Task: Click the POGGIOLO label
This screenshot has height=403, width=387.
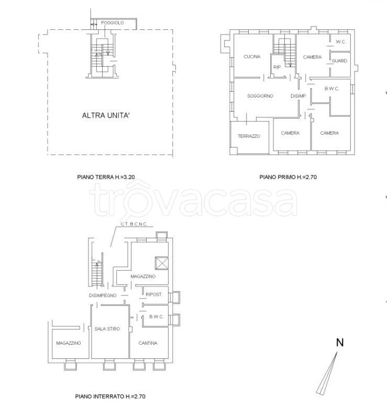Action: [113, 23]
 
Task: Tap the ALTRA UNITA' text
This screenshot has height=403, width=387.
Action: [106, 115]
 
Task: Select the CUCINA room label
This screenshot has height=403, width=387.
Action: [252, 57]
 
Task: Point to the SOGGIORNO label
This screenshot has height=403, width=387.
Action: [260, 96]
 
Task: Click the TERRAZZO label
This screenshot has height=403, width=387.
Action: [249, 136]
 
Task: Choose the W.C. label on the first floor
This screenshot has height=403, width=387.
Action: [340, 41]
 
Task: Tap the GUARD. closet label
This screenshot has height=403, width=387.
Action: [339, 61]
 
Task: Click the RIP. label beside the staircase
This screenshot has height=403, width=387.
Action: [277, 67]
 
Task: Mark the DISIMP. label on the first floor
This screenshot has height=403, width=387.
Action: [298, 96]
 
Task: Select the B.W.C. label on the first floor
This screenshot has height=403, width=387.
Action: [332, 89]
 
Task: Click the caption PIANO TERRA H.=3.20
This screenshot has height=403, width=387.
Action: [106, 177]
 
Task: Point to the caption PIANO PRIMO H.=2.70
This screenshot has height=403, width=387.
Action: [288, 177]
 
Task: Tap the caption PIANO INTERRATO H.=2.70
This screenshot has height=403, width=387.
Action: [110, 397]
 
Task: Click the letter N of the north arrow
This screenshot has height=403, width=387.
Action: [340, 343]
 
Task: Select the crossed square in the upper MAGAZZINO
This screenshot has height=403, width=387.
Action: [162, 263]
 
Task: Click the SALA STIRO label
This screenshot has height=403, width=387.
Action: [107, 328]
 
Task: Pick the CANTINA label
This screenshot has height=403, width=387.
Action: [148, 343]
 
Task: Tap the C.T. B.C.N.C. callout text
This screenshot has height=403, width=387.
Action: [134, 224]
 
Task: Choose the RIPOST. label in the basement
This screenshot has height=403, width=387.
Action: [154, 294]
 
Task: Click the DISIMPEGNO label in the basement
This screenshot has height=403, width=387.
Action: [103, 295]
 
